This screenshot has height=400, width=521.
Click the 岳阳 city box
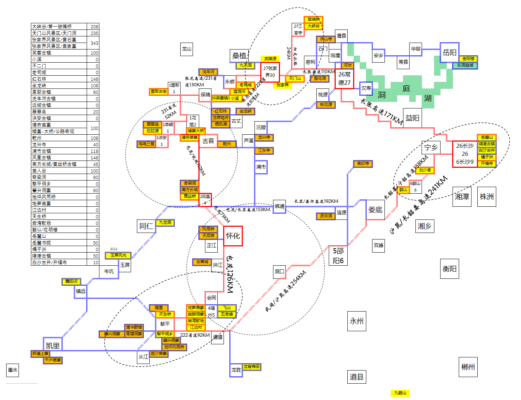pyautogui.click(x=450, y=52)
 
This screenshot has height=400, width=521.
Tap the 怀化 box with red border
pyautogui.click(x=233, y=236)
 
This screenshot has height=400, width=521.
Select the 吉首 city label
pyautogui.click(x=208, y=141)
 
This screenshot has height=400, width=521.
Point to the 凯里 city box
pyautogui.click(x=53, y=345)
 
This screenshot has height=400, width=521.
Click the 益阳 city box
pyautogui.click(x=413, y=118)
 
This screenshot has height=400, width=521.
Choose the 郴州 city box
pyautogui.click(x=468, y=367)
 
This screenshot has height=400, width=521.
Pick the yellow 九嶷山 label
pyautogui.click(x=400, y=393)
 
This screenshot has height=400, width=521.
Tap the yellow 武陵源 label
pyautogui.click(x=270, y=59)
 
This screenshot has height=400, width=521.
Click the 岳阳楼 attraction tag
pyautogui.click(x=468, y=59)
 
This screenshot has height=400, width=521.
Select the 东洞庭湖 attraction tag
pyautogui.click(x=465, y=65)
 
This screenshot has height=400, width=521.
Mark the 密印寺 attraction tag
pyautogui.click(x=363, y=164)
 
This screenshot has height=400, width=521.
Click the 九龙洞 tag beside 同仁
pyautogui.click(x=165, y=222)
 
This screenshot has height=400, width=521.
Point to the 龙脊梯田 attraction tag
pyautogui.click(x=252, y=367)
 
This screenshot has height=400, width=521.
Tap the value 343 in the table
pyautogui.click(x=94, y=43)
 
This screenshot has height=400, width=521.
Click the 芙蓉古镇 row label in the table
pyautogui.click(x=42, y=53)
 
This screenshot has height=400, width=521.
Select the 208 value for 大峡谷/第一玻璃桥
pyautogui.click(x=94, y=27)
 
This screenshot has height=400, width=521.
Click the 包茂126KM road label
pyautogui.click(x=230, y=274)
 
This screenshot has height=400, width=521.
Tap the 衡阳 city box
pyautogui.click(x=449, y=269)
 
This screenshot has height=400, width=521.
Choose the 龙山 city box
pyautogui.click(x=186, y=49)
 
